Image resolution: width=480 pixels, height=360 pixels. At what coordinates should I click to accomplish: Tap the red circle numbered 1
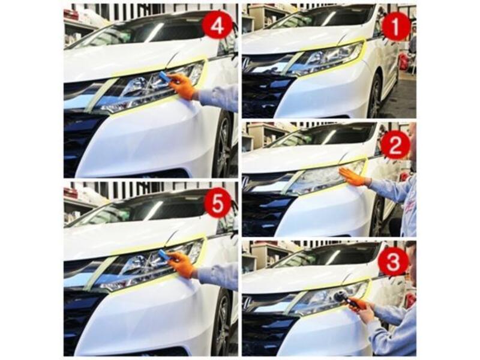pos(395,27)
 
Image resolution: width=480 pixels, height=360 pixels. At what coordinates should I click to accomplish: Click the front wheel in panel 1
pos(376,97)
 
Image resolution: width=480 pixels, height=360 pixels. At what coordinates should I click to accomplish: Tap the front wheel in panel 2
pos(377,216)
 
